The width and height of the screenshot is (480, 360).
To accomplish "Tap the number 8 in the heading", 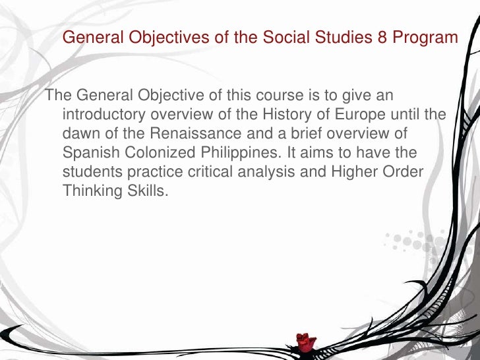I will pos(382,38).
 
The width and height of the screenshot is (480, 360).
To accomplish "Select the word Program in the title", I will pos(425,38).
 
